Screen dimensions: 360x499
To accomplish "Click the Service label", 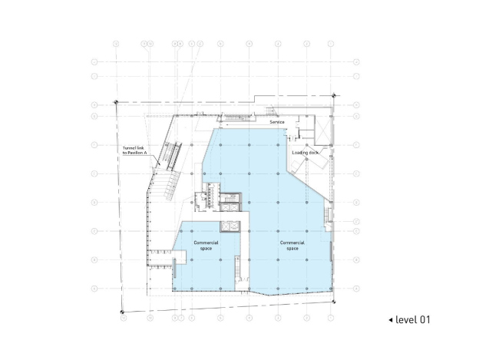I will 276,122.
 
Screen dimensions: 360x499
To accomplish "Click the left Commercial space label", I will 206,246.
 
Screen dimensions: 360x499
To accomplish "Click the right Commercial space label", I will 292,246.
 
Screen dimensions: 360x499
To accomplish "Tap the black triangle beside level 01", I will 390,319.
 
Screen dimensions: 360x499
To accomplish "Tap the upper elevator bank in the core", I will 230,198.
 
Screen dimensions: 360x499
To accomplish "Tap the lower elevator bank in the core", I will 229,226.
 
